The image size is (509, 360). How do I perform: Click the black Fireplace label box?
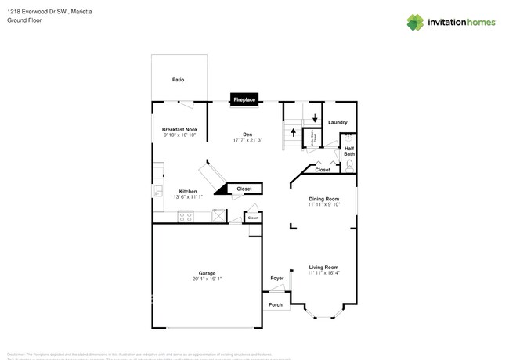(x=244, y=100)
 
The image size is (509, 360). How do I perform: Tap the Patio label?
(x=178, y=80)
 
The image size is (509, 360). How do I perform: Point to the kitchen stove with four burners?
(x=186, y=217)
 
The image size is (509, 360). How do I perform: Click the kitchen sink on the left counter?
(x=157, y=190)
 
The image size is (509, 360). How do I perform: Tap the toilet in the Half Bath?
(x=349, y=165)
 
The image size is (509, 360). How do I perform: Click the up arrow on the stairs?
(x=294, y=132)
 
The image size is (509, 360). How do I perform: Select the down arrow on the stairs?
(x=315, y=118)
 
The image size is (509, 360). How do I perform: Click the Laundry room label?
(x=338, y=122)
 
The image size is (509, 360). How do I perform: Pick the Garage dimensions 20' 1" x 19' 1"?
(x=207, y=279)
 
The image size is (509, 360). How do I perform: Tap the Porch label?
(x=275, y=304)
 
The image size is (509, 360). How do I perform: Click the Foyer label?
(x=277, y=278)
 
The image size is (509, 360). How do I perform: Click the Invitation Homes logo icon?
(x=415, y=22)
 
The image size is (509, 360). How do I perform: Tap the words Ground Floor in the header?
(x=24, y=20)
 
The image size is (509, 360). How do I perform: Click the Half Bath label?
(x=349, y=150)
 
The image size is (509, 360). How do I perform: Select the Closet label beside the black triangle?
(x=244, y=189)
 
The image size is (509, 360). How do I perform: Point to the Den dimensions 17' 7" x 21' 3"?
(x=247, y=140)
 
